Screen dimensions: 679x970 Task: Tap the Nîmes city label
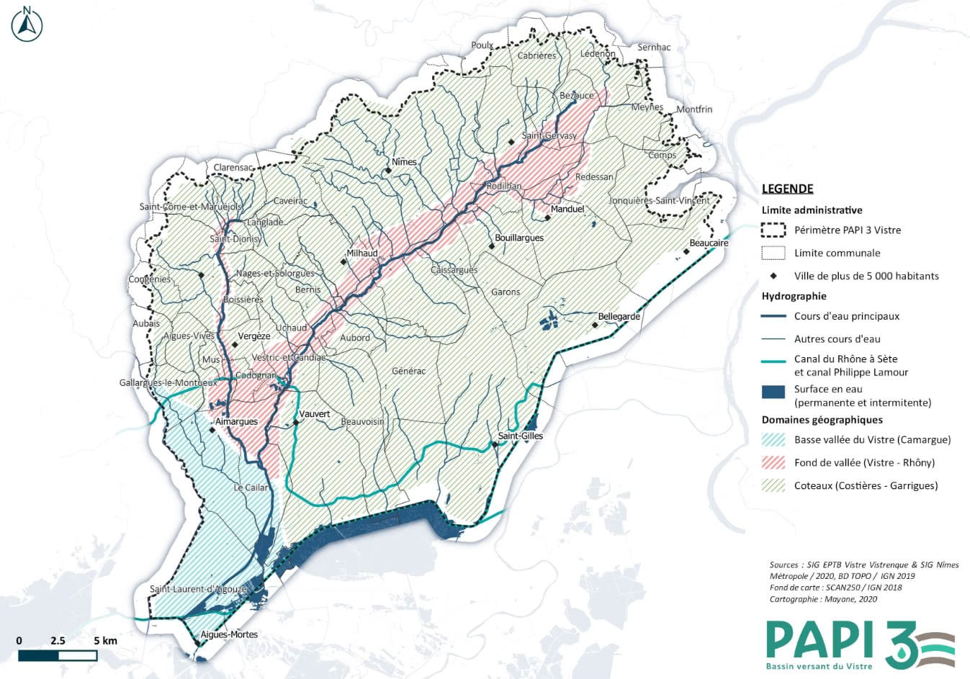tap(404, 162)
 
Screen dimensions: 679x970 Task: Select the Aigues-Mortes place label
tap(229, 634)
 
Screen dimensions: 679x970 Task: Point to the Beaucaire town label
tap(709, 243)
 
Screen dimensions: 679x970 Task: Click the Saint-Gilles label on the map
tap(521, 436)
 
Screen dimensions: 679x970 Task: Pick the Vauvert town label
tap(315, 414)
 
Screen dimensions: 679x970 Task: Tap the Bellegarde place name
tap(619, 317)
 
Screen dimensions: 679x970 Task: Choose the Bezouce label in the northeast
tap(577, 96)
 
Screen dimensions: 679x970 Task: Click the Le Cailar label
tap(251, 487)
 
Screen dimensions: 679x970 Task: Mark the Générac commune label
tap(408, 372)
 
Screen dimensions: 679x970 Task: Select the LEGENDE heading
tap(787, 189)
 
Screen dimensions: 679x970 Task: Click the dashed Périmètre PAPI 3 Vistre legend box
tap(773, 230)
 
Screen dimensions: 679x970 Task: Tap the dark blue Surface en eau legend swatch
tap(773, 392)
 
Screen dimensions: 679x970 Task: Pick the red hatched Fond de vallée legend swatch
tap(773, 462)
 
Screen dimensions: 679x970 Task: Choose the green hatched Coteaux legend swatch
tap(773, 485)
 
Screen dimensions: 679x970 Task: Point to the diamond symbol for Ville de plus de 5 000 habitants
tap(773, 276)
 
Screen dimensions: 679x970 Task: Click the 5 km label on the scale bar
tap(105, 641)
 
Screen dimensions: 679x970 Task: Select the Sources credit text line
tap(863, 565)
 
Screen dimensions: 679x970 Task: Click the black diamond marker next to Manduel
tap(547, 217)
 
